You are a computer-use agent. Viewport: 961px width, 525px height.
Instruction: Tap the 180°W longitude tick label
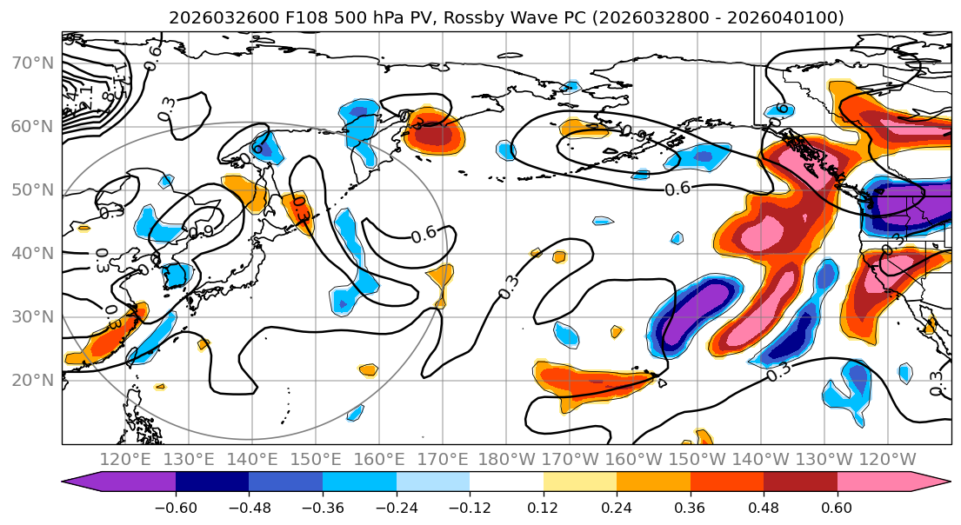point(506,459)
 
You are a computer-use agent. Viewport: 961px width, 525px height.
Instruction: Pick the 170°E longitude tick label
point(443,459)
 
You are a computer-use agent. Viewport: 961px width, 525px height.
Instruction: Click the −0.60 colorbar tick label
point(176,508)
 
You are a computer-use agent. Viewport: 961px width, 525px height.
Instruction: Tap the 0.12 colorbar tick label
point(544,508)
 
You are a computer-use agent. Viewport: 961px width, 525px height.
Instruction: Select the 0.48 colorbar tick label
point(764,508)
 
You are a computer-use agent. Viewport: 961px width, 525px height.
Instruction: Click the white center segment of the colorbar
point(506,483)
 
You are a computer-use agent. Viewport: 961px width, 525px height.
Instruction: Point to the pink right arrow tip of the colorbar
point(938,483)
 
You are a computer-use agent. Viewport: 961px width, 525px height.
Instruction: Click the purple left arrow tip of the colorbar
point(75,483)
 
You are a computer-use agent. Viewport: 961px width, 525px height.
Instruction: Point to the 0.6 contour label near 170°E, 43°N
point(424,235)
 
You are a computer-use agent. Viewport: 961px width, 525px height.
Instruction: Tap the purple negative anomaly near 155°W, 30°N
point(687,322)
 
